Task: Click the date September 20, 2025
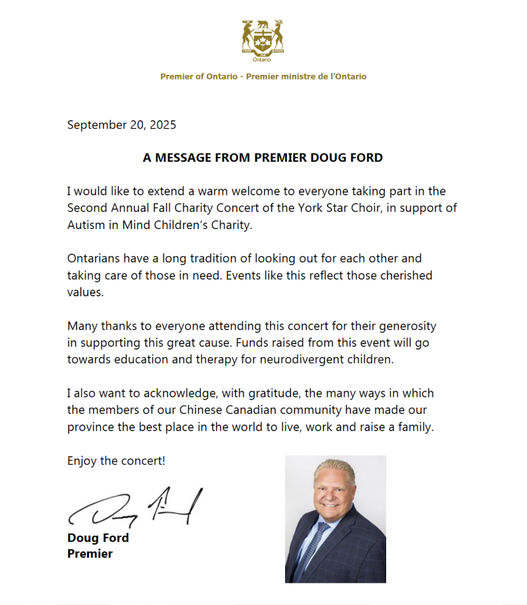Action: point(121,125)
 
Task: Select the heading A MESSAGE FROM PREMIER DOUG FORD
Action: point(263,158)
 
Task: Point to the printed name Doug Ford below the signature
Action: point(98,538)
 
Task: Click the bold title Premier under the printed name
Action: point(90,554)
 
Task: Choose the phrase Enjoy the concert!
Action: point(116,461)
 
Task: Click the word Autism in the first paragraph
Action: point(85,225)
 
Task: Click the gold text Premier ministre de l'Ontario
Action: point(306,77)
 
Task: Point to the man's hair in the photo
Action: point(334,468)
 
